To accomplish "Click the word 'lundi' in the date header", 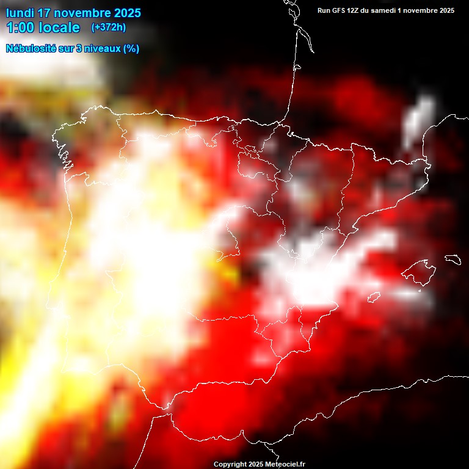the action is pos(20,13).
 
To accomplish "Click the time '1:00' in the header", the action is pos(19,27).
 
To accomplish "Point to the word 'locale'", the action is pos(59,27).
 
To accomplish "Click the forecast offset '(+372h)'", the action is pos(108,27).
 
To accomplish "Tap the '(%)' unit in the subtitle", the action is pos(131,49).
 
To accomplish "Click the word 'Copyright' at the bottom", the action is pos(230,465).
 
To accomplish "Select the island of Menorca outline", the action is pos(452,260).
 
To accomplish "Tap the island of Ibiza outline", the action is pos(373,297).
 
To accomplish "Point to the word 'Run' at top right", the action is pos(324,10).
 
